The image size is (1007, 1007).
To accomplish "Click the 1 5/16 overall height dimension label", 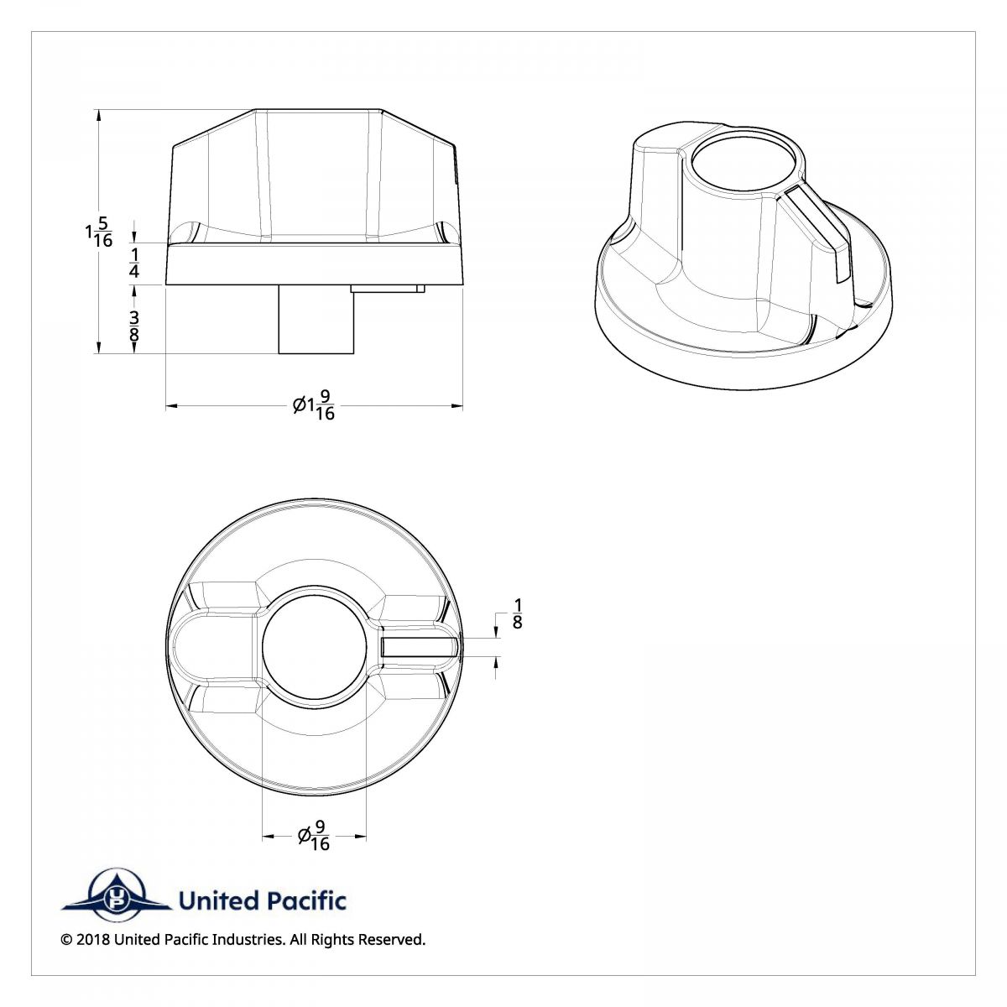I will tap(98, 232).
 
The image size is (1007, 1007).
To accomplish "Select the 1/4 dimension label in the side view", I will tap(134, 263).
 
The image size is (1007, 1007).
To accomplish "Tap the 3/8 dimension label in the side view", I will tap(134, 326).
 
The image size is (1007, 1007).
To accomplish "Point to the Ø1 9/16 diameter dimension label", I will tap(314, 406).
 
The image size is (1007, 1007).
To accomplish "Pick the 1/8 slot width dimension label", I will tap(517, 613).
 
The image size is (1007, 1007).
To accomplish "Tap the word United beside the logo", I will tap(218, 901).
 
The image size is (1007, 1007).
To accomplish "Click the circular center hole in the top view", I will tap(314, 647).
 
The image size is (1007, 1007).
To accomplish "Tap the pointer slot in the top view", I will tap(419, 647).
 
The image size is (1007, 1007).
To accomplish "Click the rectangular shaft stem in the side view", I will tap(316, 320).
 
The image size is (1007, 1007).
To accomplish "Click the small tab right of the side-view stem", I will tap(388, 289).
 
